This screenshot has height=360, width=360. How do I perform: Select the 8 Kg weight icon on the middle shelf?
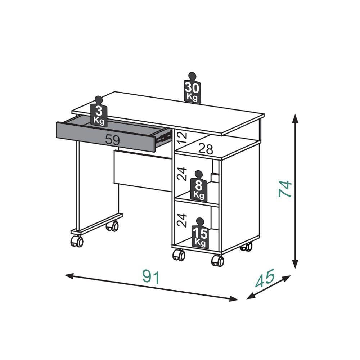coord(199,186)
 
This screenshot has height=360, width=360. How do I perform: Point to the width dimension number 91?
coord(151,277)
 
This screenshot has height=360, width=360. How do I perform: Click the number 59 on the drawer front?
coord(112,140)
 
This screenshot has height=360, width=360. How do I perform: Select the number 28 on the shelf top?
coord(206,149)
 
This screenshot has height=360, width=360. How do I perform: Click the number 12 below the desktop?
coord(183,138)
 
